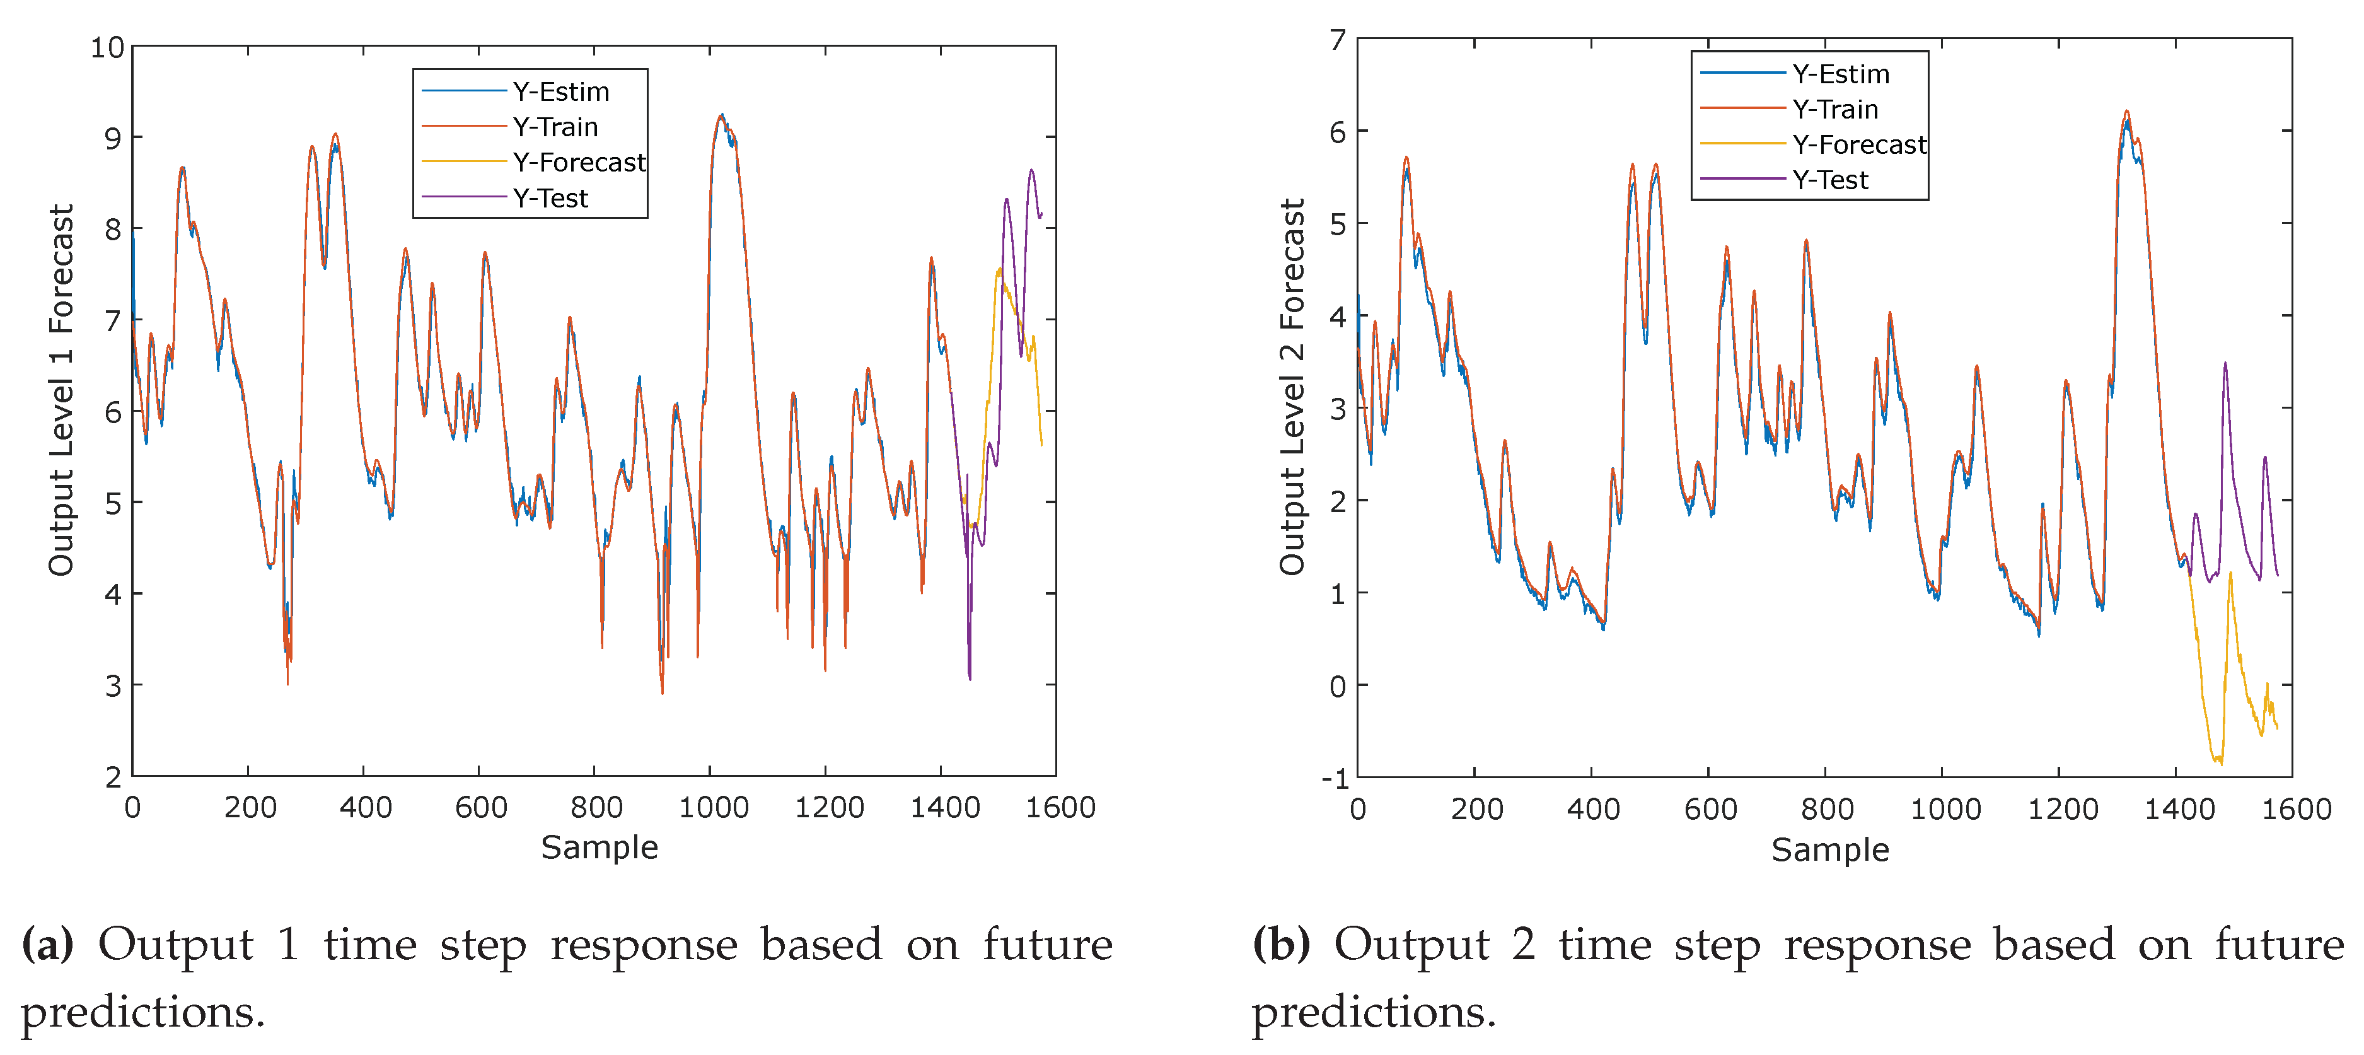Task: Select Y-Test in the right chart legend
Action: click(x=1830, y=180)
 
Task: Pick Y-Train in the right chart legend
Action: click(x=1834, y=109)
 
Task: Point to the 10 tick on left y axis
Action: click(x=107, y=48)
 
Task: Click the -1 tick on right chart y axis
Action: click(x=1335, y=779)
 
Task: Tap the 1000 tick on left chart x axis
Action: click(x=713, y=808)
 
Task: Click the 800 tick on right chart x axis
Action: click(x=1826, y=810)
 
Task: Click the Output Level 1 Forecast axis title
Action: click(x=61, y=390)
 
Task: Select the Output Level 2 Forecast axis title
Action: click(x=1292, y=387)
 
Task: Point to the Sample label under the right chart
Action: click(x=1830, y=850)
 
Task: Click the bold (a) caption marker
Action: click(x=47, y=945)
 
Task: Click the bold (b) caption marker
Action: click(x=1281, y=945)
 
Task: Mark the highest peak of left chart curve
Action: click(x=721, y=115)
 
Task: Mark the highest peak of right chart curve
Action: click(x=2126, y=112)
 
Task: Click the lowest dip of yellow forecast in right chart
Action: click(x=2220, y=763)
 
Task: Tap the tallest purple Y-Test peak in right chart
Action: click(x=2225, y=364)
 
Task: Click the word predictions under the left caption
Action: click(x=142, y=1013)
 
